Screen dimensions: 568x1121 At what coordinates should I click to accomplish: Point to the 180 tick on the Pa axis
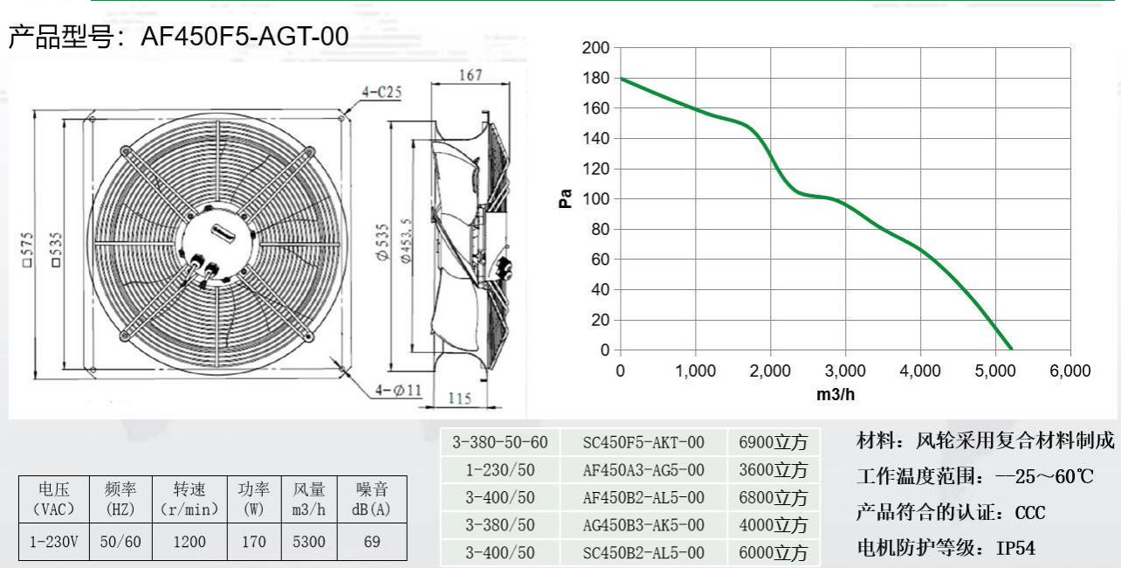[597, 79]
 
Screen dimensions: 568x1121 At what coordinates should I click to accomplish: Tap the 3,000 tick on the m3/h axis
[844, 371]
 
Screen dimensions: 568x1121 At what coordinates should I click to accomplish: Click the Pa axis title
[566, 198]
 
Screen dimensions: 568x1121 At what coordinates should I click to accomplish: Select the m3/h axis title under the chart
[836, 394]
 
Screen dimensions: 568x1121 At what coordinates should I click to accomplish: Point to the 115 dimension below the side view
[459, 398]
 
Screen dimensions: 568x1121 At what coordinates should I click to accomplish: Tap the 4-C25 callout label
[382, 92]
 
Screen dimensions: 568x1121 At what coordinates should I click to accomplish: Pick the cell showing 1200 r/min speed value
[189, 542]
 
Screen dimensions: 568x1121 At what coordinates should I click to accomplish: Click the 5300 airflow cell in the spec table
[309, 542]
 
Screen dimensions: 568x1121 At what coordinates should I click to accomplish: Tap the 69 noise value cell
[372, 542]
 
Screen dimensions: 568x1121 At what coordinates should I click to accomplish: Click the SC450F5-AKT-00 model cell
[643, 442]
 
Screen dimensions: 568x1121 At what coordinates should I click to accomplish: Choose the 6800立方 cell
[773, 498]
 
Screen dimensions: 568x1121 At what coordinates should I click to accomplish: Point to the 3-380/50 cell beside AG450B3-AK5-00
[500, 525]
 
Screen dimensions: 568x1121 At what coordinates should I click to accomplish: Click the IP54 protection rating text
[1016, 548]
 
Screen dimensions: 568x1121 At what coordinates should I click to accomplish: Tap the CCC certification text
[1030, 512]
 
